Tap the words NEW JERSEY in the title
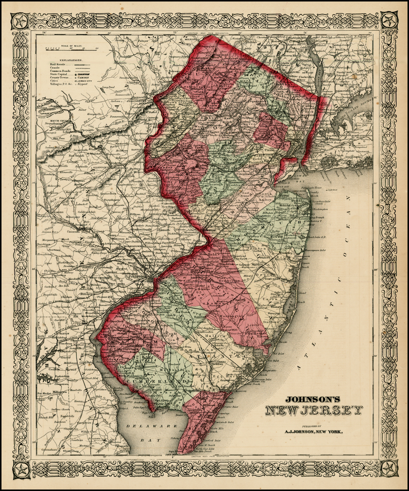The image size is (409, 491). click(x=313, y=411)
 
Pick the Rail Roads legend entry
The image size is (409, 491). click(x=57, y=63)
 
